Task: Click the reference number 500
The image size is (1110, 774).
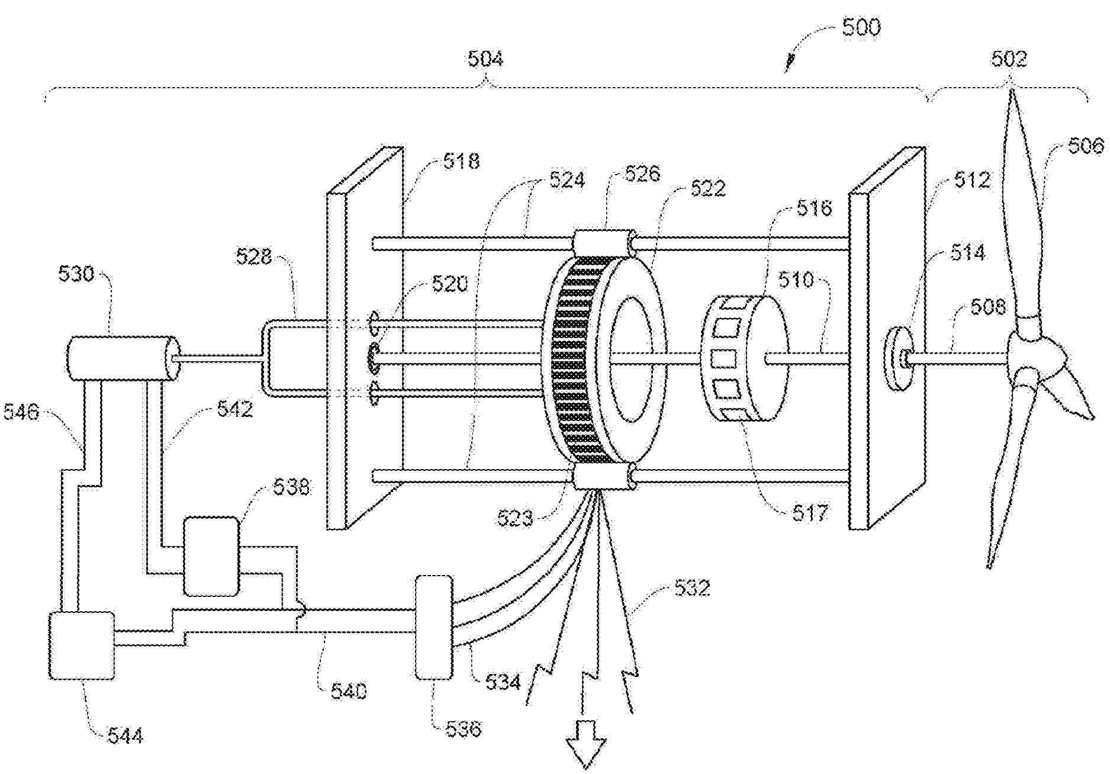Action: point(861,28)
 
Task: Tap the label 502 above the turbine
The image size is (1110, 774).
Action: point(1009,59)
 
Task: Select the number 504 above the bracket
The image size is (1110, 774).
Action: point(485,59)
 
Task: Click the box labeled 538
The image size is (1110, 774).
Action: point(211,556)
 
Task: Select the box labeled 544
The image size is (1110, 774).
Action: point(81,645)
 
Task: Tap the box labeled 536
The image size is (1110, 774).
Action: point(434,627)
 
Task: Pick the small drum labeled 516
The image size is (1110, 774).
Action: point(744,358)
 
